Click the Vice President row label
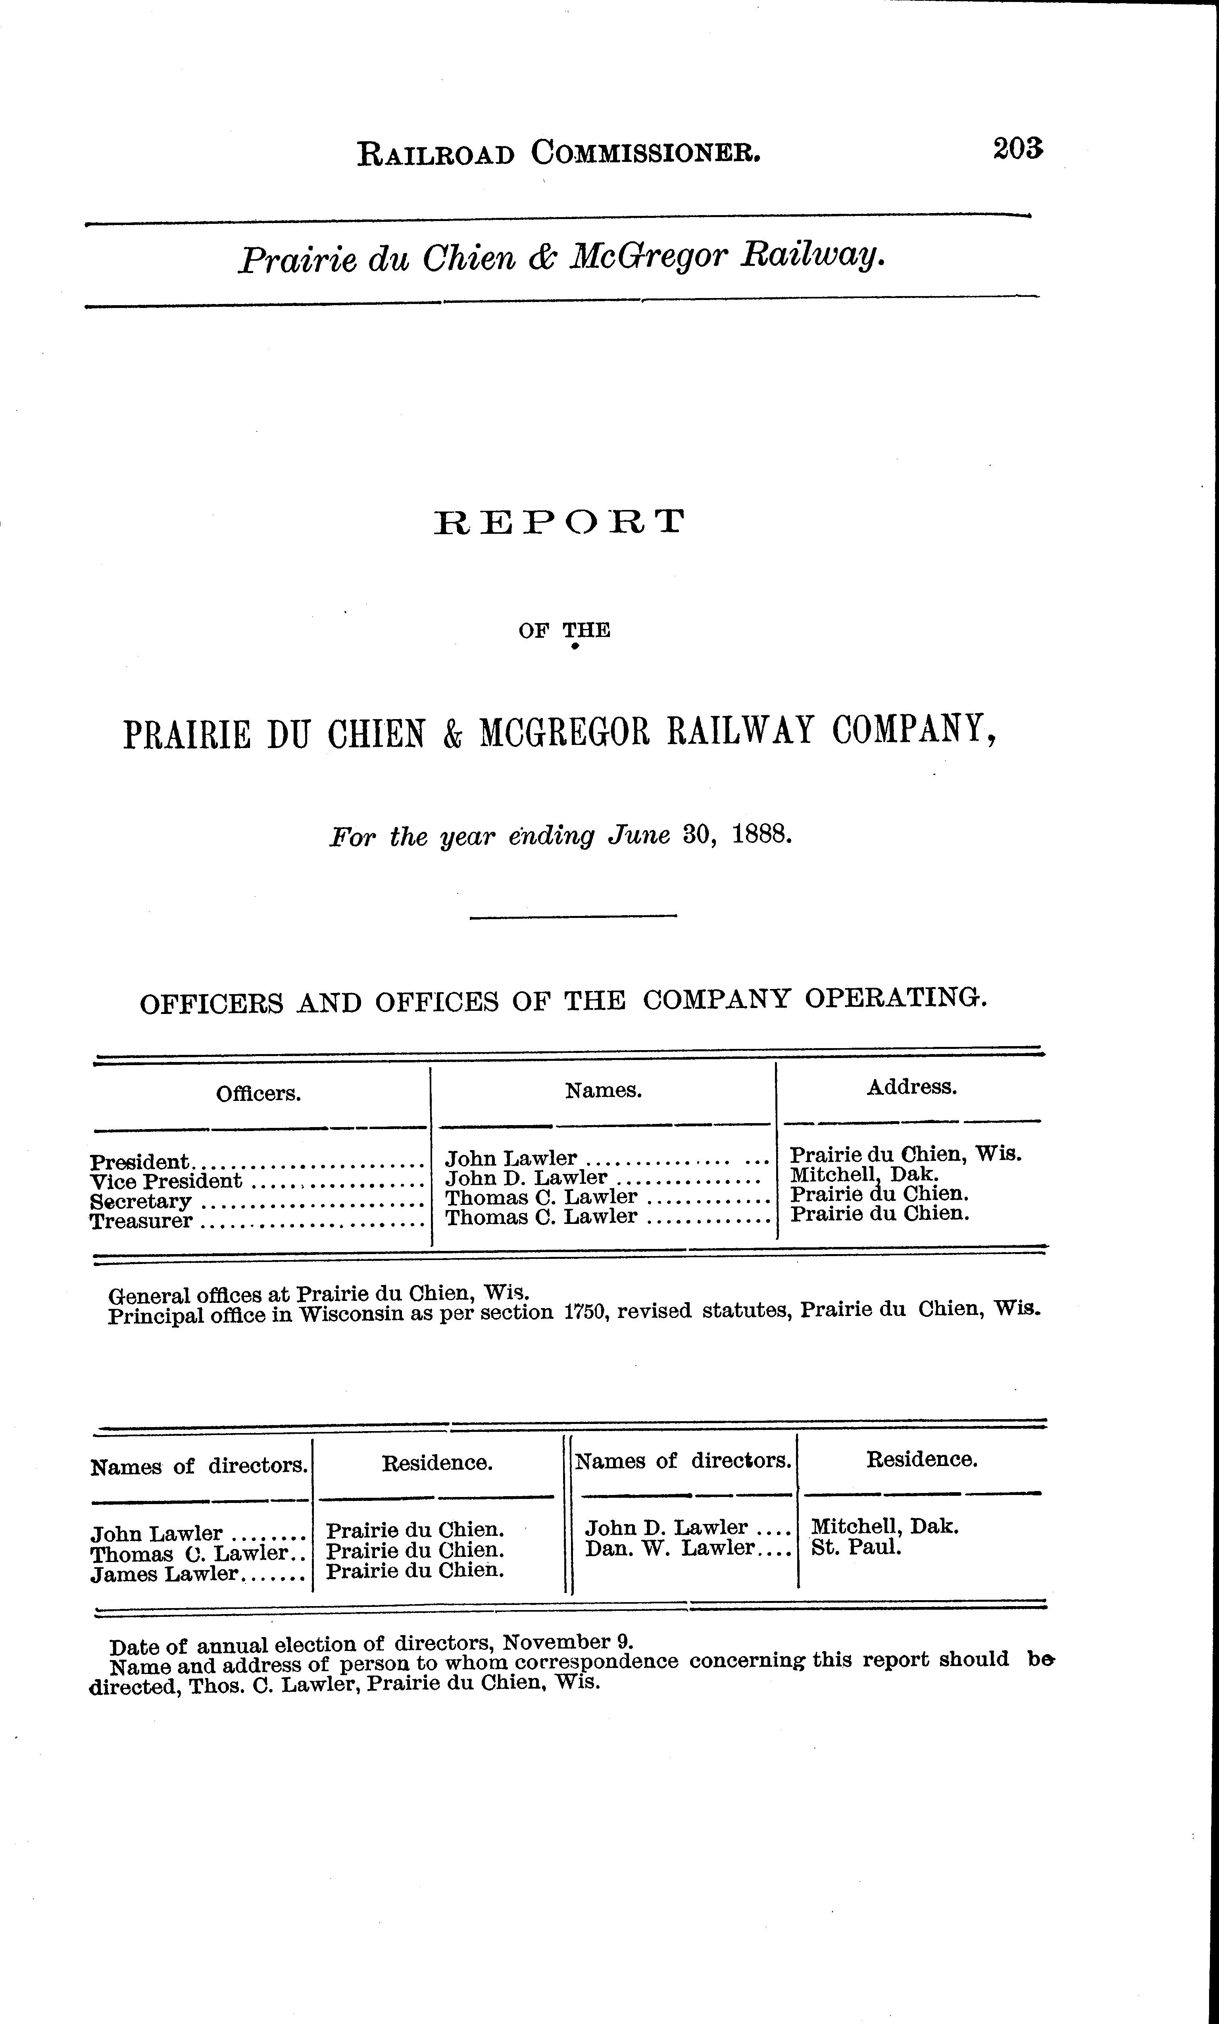[x=166, y=1181]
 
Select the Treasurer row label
[x=141, y=1221]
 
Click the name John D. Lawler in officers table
[x=526, y=1178]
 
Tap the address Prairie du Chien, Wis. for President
[x=905, y=1153]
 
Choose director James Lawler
[x=164, y=1574]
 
